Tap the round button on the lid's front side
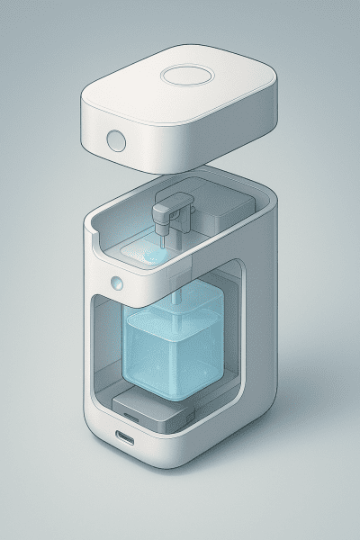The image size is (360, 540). tap(115, 140)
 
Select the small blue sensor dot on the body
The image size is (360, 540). tap(116, 283)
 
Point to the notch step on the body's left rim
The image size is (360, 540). tap(93, 236)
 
